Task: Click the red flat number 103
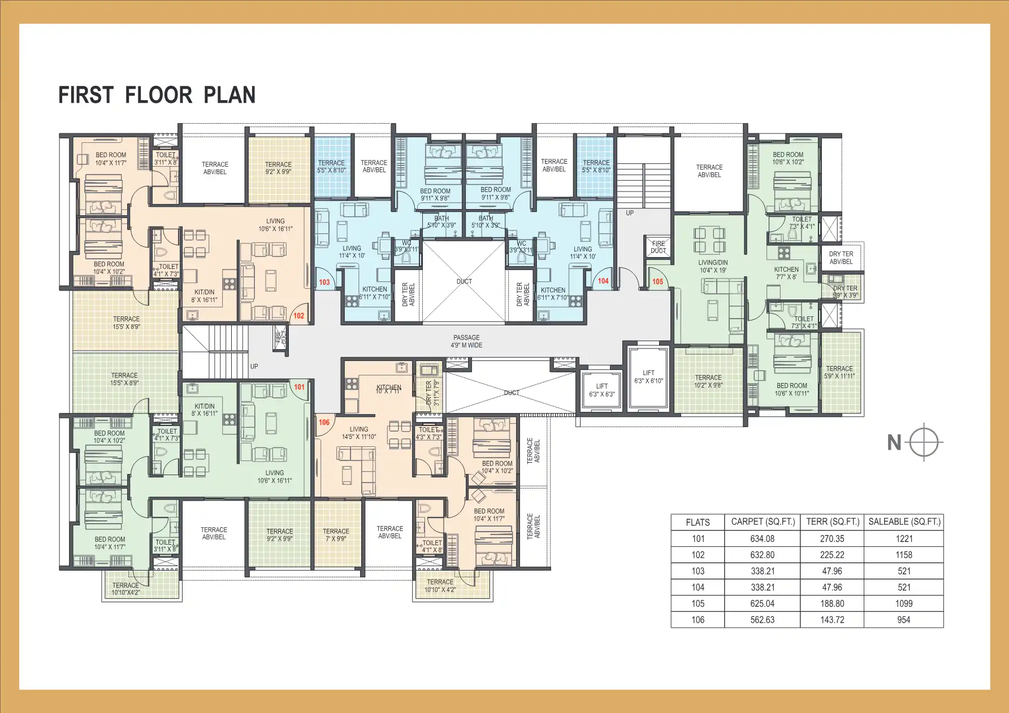324,282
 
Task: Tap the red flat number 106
324,422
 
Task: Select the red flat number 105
657,281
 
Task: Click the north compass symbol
924,442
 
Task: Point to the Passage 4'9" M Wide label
466,341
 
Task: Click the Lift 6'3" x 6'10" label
648,377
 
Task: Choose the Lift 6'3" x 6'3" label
601,390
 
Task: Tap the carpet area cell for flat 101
762,539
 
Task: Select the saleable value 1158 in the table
903,555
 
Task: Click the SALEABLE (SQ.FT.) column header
904,522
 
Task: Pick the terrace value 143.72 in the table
832,620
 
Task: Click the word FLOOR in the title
158,95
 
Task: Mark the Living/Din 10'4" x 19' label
713,266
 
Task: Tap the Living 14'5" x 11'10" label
358,433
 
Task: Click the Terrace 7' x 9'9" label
336,535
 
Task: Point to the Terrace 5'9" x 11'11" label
839,372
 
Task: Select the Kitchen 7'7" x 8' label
786,273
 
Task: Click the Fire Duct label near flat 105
659,247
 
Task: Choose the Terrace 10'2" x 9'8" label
708,381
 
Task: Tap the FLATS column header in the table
697,523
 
